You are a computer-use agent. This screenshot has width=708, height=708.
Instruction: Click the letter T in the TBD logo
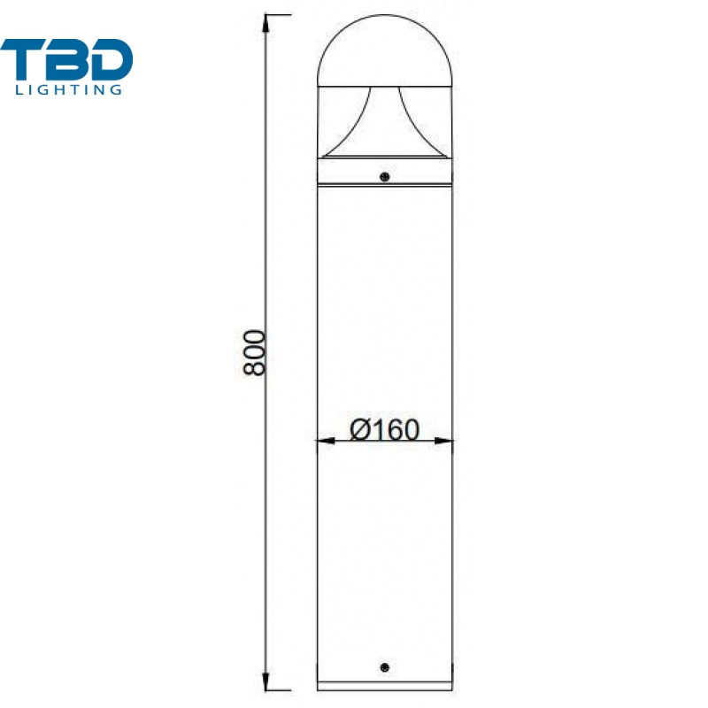click(23, 59)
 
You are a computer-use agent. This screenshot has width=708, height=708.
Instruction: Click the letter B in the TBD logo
click(66, 59)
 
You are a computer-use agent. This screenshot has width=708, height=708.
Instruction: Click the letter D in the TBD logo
click(111, 59)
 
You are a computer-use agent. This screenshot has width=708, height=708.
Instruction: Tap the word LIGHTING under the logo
click(69, 89)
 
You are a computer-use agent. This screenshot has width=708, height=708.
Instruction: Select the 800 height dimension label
click(254, 352)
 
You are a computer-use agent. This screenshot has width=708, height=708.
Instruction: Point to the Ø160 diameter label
click(385, 429)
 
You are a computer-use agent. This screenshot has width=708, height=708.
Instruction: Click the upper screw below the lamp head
click(385, 177)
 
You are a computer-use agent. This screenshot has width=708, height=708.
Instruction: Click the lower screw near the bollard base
click(385, 667)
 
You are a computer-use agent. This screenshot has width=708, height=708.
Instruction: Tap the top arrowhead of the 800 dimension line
click(266, 24)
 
